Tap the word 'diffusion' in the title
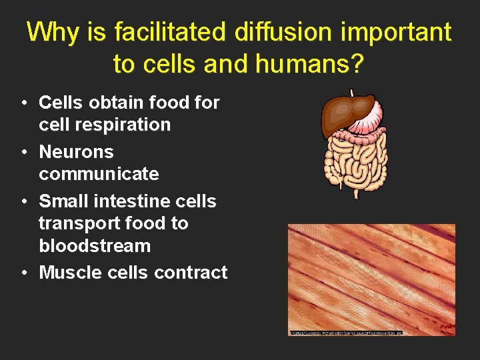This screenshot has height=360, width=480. [279, 31]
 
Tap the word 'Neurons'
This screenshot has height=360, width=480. [76, 151]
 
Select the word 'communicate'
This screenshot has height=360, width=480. [99, 174]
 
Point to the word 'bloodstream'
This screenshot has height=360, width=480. [95, 245]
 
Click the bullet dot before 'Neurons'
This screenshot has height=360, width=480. [23, 152]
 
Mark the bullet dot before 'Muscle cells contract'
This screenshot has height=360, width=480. [23, 273]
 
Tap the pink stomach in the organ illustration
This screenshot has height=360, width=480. [367, 120]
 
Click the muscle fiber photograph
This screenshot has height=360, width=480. [371, 279]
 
